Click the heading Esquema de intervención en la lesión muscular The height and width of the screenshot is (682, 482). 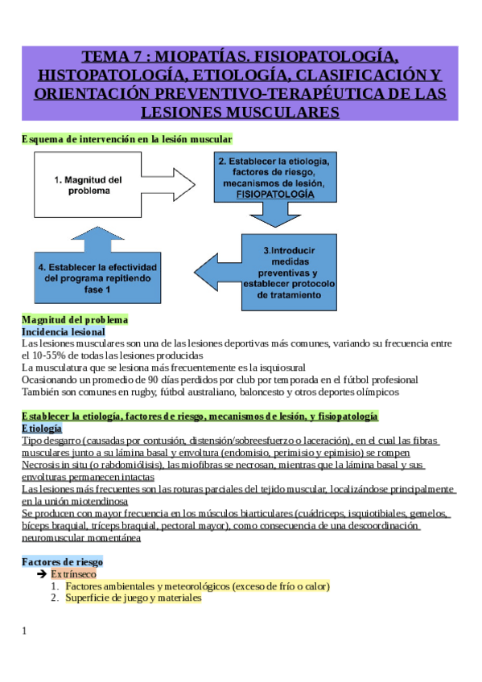click(126, 139)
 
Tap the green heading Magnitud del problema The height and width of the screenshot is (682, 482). click(75, 319)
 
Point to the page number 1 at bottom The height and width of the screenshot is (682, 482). click(24, 631)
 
